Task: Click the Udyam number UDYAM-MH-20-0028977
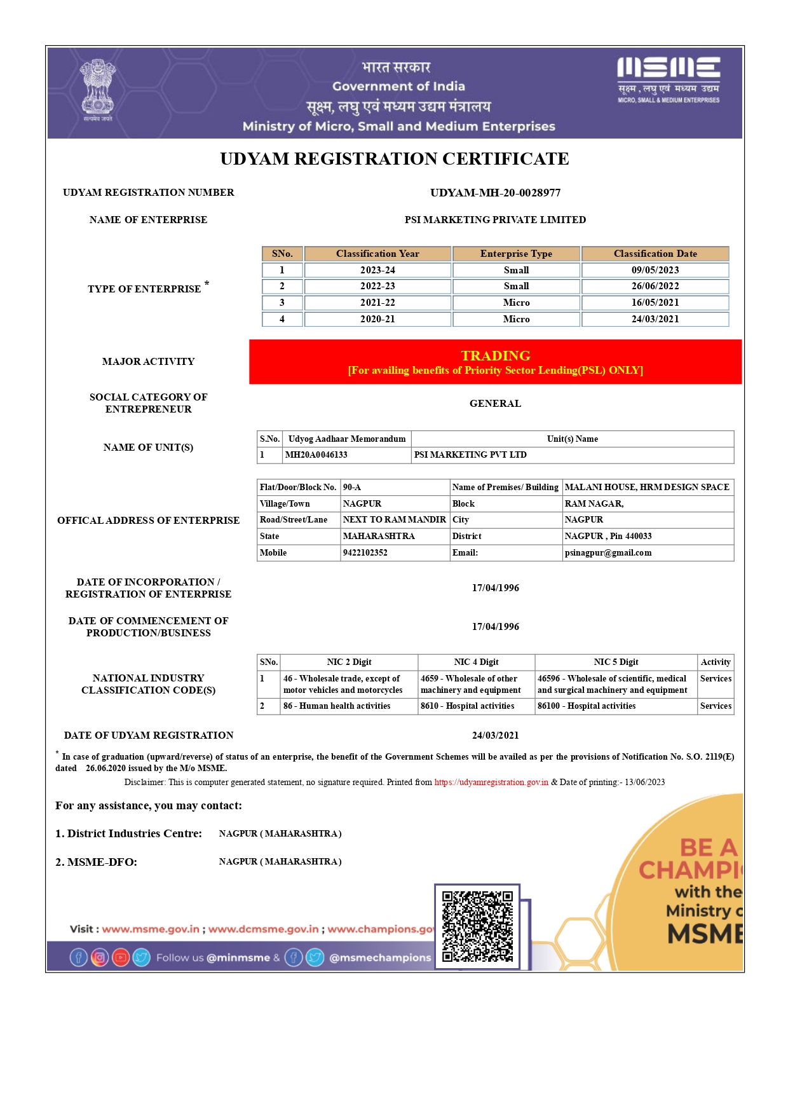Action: [x=495, y=193]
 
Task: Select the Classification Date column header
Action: [x=655, y=254]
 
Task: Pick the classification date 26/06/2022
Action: [x=655, y=286]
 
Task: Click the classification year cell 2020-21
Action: [x=377, y=319]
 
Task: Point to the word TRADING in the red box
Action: [x=496, y=355]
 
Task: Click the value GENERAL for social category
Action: [x=495, y=404]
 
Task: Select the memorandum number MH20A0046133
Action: [x=316, y=455]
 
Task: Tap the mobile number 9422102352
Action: [x=365, y=553]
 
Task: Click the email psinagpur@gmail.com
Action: [x=608, y=553]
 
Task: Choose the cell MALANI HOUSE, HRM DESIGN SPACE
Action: [x=647, y=488]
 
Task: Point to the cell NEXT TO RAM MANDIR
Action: [x=394, y=520]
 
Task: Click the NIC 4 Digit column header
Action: [x=476, y=662]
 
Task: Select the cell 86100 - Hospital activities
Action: [x=587, y=706]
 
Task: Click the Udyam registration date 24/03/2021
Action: [x=495, y=735]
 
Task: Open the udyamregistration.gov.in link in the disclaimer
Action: [x=491, y=783]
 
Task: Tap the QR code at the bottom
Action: [x=477, y=927]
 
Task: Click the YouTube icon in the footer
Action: [x=121, y=957]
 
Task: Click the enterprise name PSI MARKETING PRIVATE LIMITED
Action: [x=495, y=220]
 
